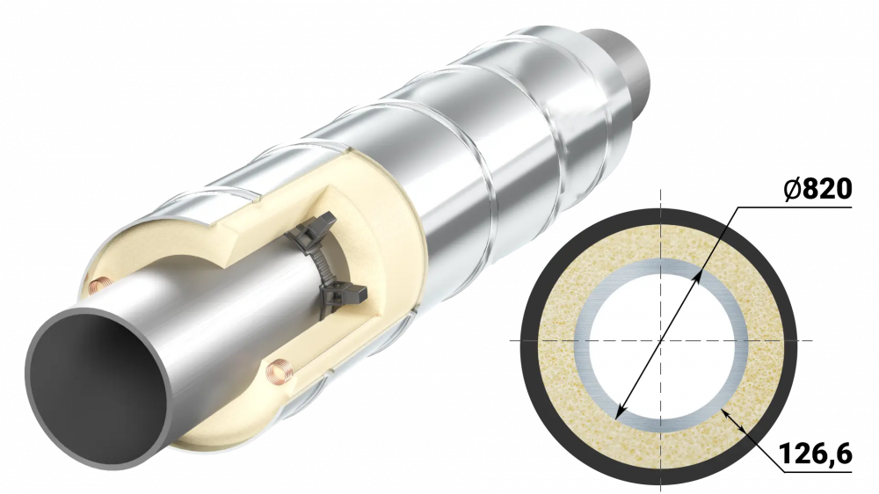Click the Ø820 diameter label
tap(817, 190)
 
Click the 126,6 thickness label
tap(816, 453)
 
